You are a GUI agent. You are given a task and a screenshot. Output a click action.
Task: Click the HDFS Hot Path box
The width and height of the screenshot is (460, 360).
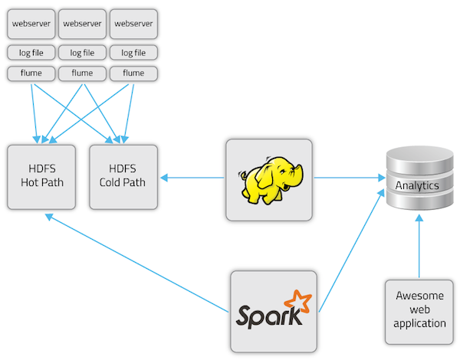[x=42, y=176]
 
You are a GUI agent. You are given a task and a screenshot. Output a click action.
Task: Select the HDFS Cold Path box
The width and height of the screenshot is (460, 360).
[x=123, y=176]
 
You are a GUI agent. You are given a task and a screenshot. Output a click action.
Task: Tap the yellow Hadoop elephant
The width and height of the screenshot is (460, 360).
[x=268, y=182]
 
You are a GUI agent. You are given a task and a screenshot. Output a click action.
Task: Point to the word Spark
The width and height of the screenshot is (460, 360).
[x=264, y=315]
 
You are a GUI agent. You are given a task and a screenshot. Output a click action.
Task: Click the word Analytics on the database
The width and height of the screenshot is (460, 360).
[x=417, y=185]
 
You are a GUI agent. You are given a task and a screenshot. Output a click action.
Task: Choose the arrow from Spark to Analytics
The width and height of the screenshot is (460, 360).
[x=350, y=253]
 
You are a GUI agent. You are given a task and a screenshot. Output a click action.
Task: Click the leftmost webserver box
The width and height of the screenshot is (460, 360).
[x=31, y=24]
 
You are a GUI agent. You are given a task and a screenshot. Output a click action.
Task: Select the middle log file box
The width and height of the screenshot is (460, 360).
[x=82, y=53]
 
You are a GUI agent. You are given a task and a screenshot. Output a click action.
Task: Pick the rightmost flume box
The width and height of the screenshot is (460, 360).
[x=133, y=74]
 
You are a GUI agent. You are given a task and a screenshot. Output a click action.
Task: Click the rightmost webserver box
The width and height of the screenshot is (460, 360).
[x=133, y=24]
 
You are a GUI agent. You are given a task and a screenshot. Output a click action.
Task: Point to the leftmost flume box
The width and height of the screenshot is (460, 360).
[x=31, y=74]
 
